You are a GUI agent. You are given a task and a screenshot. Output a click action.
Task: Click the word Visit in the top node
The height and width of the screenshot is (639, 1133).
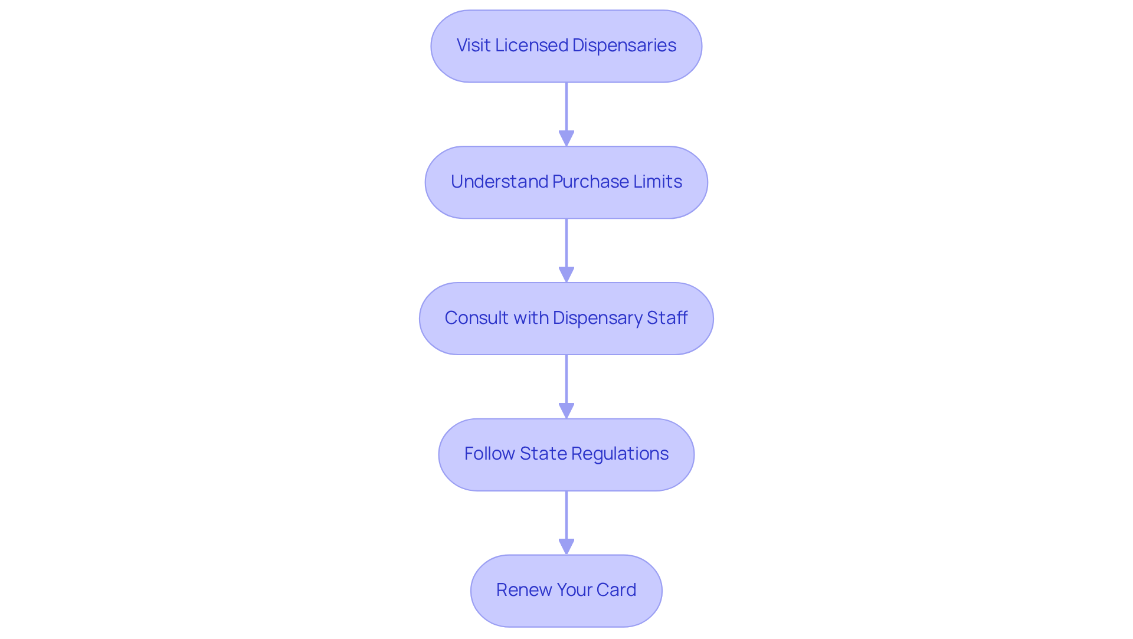pos(473,45)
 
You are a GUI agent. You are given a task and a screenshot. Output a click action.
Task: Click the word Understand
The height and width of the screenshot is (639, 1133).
pos(499,182)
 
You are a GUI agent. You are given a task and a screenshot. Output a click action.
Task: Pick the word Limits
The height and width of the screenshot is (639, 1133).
pos(658,182)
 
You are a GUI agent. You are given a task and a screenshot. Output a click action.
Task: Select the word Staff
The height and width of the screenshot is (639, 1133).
pos(667,318)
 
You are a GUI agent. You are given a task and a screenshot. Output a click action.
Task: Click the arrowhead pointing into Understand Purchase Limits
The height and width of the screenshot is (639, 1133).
pos(566,139)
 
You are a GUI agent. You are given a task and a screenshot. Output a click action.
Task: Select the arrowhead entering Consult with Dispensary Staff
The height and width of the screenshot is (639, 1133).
pos(566,275)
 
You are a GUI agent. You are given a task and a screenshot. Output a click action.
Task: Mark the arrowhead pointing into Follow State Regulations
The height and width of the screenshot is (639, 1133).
pos(566,411)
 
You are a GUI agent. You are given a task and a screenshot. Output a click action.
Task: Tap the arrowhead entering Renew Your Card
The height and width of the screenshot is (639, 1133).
pos(566,547)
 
